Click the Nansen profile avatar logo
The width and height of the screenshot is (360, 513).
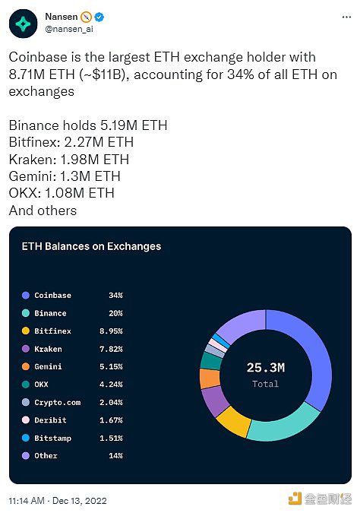coord(23,23)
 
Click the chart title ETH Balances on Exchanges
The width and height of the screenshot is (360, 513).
coord(92,246)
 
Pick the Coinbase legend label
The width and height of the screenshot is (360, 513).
coord(52,295)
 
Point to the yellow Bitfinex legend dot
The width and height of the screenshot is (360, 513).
coord(26,331)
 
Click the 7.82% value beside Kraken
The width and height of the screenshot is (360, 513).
coord(111,349)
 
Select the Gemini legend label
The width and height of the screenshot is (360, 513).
coord(48,366)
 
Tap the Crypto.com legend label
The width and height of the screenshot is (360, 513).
coord(57,402)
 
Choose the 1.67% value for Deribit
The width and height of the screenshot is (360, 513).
coord(111,420)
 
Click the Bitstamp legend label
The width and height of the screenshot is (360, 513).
coord(52,438)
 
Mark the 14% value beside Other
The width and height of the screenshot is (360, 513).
coord(115,455)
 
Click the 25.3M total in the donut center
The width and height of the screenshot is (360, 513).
coord(265,368)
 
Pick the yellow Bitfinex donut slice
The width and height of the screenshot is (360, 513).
coord(233,420)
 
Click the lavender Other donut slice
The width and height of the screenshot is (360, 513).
coord(240,327)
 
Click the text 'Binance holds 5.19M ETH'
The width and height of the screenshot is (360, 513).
coord(88,125)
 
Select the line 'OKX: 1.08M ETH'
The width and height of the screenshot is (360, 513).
coord(62,193)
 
